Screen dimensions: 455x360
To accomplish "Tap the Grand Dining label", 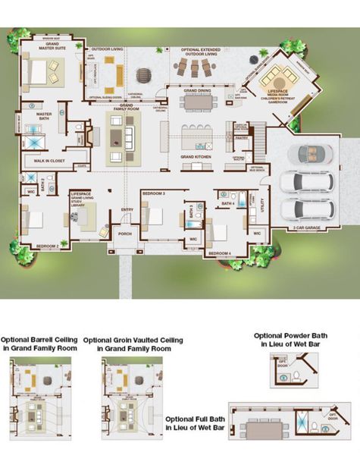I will click(x=197, y=90).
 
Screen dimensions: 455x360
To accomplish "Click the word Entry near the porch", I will click(x=127, y=210).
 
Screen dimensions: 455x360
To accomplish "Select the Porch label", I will click(x=125, y=234).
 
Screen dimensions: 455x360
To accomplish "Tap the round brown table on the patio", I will click(x=144, y=75).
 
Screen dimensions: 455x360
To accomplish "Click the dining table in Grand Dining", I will click(x=199, y=101).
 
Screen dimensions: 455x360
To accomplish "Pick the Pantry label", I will click(x=242, y=139).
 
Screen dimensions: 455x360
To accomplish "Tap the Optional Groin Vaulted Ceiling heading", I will click(x=133, y=344).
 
